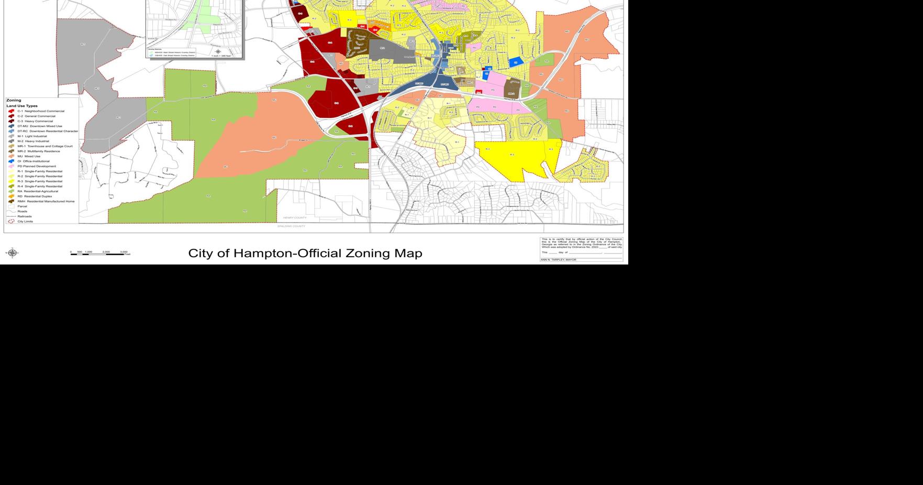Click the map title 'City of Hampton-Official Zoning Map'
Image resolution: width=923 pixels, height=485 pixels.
pos(305,253)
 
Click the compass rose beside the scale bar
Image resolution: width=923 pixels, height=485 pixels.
pos(12,253)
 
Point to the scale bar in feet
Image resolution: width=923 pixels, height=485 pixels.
pos(100,253)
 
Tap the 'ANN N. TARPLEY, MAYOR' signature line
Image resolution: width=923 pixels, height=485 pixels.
pos(559,260)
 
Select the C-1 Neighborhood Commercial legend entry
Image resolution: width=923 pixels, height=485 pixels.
pos(40,111)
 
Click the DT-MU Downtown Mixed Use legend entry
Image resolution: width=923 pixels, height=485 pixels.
pos(39,126)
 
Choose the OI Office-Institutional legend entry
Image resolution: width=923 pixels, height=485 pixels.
pos(34,161)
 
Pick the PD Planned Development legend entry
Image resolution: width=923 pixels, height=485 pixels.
pos(36,166)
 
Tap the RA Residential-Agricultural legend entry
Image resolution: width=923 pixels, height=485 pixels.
pos(37,191)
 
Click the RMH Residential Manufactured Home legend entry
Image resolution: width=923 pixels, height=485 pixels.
pos(46,201)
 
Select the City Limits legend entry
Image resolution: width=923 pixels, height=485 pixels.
pos(25,222)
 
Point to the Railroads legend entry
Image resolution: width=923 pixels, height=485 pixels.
pos(24,216)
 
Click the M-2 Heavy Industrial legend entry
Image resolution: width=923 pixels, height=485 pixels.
pos(33,141)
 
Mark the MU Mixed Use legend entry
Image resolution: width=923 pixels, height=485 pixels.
pos(28,156)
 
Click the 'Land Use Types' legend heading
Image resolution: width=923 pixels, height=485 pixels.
pos(22,106)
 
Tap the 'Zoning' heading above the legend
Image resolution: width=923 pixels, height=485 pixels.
pos(14,100)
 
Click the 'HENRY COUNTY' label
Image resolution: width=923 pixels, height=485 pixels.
pos(295,218)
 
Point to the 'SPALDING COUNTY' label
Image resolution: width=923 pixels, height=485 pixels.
pos(291,226)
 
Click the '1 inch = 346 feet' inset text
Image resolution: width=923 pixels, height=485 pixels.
pos(221,56)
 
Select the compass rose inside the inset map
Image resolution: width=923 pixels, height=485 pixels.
pos(218,51)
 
